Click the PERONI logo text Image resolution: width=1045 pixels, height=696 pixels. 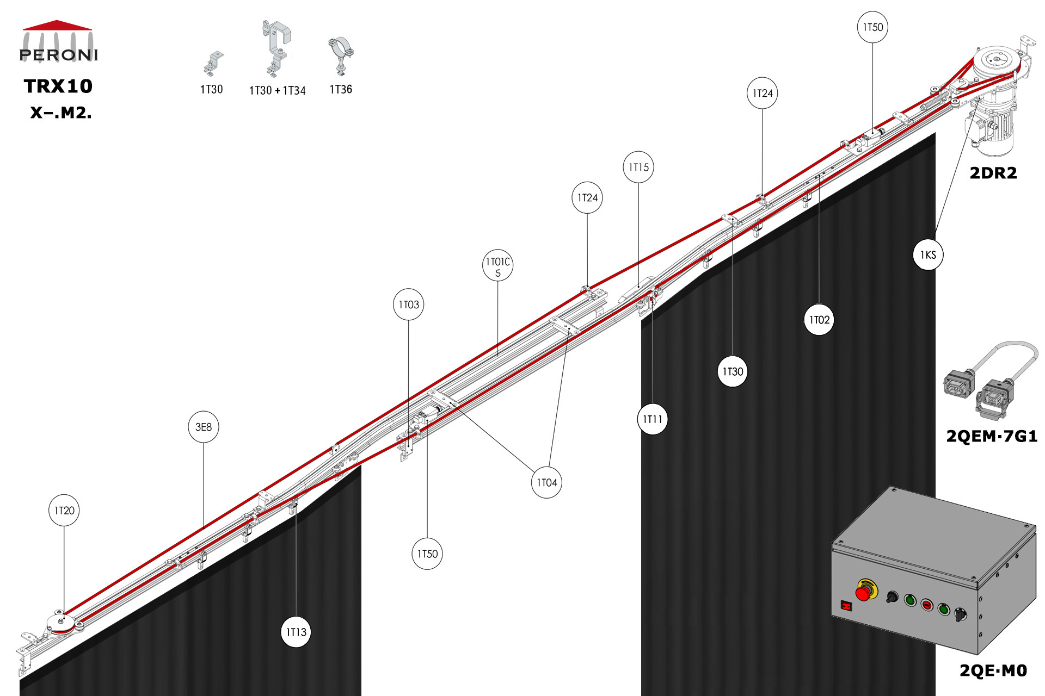[x=58, y=55]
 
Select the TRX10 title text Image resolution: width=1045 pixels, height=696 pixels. [x=58, y=86]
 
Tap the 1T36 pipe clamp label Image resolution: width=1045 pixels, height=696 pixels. [x=341, y=89]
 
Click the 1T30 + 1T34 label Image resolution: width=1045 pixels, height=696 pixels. [x=277, y=90]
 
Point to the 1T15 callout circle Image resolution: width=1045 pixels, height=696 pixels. [x=638, y=167]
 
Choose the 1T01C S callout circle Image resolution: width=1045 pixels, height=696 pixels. [x=498, y=265]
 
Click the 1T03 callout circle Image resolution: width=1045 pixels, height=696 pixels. [x=409, y=304]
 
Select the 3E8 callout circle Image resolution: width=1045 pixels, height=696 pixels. [x=204, y=427]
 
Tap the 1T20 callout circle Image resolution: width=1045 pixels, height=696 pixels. [x=64, y=510]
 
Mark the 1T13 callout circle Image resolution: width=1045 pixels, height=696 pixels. [x=296, y=632]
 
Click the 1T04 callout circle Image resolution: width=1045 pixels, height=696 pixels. [x=546, y=482]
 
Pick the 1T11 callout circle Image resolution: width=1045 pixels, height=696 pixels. [x=653, y=419]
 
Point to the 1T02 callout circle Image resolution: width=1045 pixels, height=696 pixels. [x=819, y=320]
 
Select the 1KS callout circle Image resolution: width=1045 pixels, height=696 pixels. [x=928, y=254]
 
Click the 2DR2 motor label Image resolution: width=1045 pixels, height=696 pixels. [x=993, y=173]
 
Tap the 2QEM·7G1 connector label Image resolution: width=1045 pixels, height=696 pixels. [x=992, y=436]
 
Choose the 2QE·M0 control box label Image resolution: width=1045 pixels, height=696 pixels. [x=993, y=670]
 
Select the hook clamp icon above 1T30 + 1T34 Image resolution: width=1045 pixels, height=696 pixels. [x=276, y=49]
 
